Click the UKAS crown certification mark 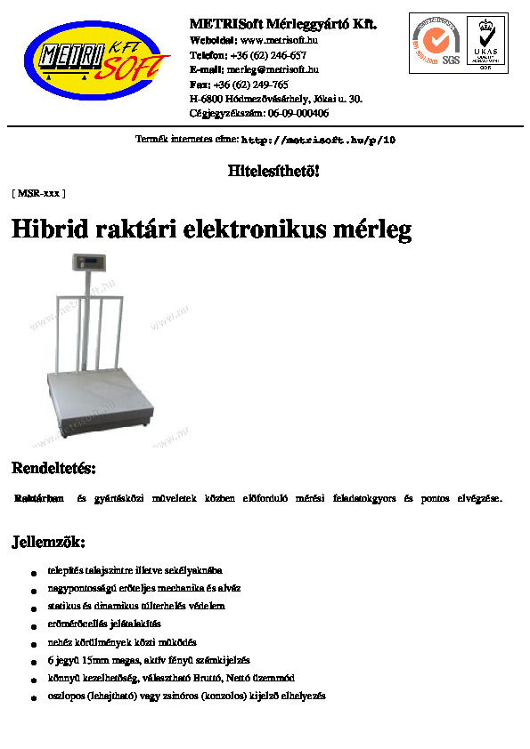[x=485, y=42]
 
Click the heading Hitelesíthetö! [x=273, y=171]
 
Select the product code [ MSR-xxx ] [x=38, y=192]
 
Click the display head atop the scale [x=89, y=264]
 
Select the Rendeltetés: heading [x=53, y=468]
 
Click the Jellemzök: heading [x=48, y=542]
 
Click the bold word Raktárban [x=39, y=498]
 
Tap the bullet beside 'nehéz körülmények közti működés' [x=34, y=643]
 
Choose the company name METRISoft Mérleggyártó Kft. [x=283, y=24]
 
